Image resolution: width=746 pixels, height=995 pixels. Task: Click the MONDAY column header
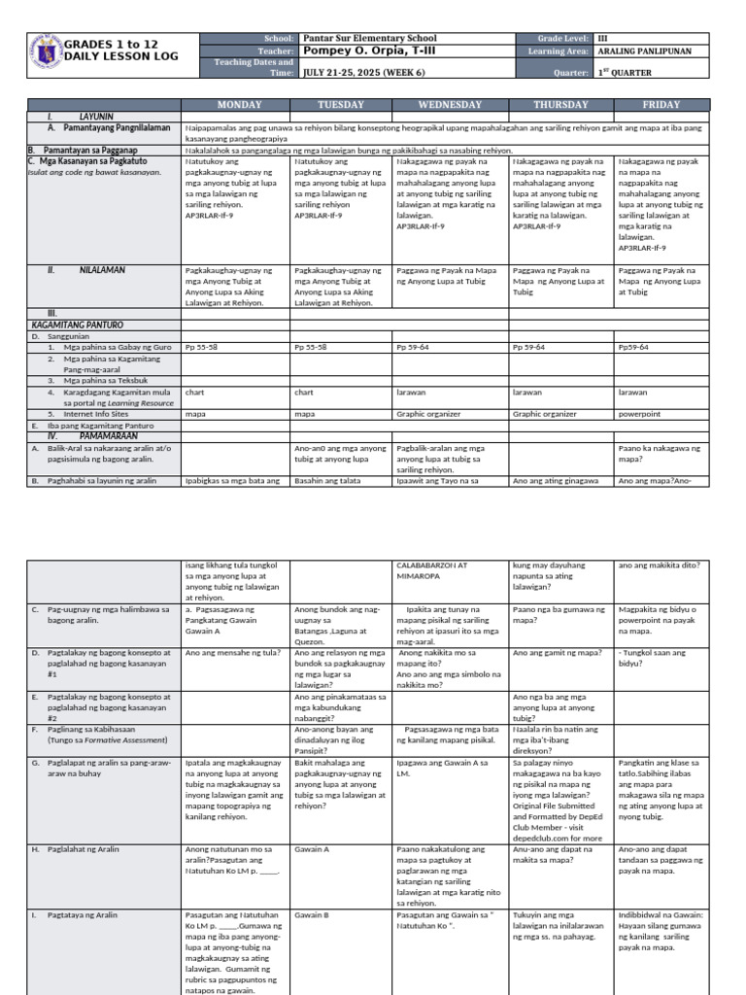click(238, 104)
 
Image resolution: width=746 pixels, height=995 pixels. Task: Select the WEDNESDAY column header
click(449, 104)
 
